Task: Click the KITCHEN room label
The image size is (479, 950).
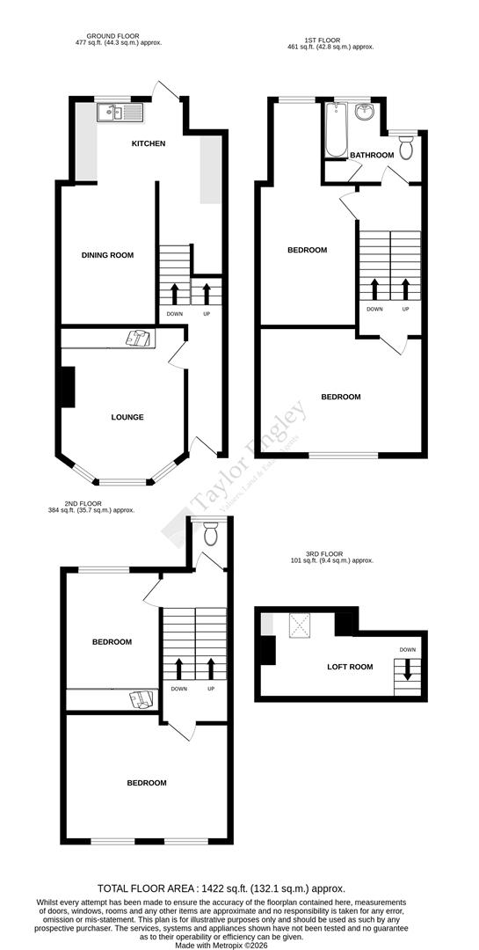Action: [x=149, y=143]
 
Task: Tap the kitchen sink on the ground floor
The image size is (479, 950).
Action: [x=116, y=112]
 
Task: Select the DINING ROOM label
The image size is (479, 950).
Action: [x=107, y=255]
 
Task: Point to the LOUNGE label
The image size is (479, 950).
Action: [x=127, y=417]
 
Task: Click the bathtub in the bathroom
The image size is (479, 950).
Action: [x=336, y=130]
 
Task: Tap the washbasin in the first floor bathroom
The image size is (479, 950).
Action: [x=367, y=113]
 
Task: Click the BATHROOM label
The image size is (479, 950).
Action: [x=372, y=156]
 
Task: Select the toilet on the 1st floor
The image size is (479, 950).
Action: [x=406, y=148]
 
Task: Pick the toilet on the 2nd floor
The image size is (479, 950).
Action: [x=211, y=534]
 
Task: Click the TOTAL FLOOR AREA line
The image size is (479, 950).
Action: [x=239, y=889]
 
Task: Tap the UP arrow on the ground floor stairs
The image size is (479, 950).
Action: [x=207, y=292]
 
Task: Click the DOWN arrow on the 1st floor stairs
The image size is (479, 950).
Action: [x=375, y=289]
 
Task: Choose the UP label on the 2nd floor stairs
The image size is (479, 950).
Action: [x=211, y=689]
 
